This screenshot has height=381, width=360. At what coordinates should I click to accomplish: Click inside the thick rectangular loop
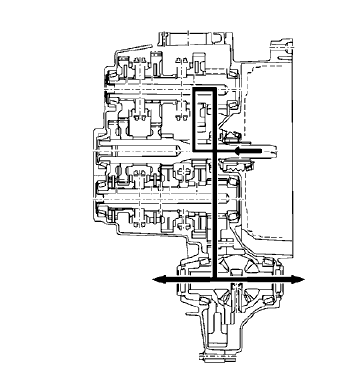pos(204,120)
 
